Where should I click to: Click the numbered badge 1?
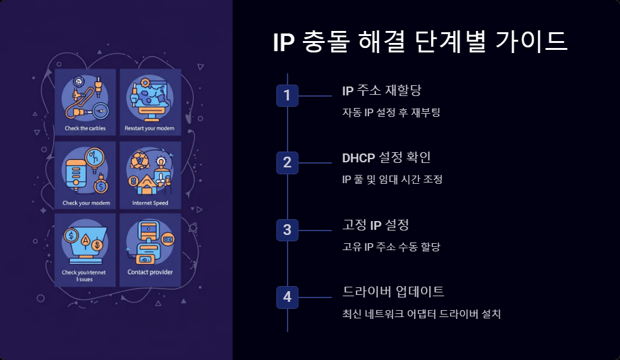(287, 96)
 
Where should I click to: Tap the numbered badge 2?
(287, 162)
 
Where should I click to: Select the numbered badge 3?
(287, 230)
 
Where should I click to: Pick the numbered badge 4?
(287, 297)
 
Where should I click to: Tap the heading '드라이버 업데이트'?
(393, 292)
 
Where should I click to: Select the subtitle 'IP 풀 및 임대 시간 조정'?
(392, 179)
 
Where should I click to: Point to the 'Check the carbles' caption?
(85, 128)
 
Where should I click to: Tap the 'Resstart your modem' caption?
(149, 128)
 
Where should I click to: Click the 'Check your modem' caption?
(86, 203)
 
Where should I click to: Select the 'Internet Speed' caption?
(150, 203)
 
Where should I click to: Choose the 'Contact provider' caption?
(150, 273)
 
